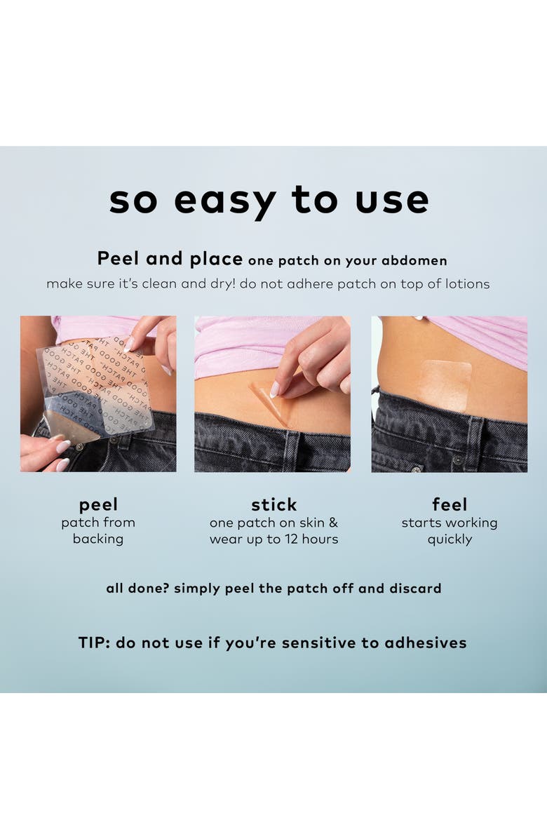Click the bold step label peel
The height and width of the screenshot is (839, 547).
pyautogui.click(x=98, y=505)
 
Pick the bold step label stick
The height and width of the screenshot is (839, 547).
pyautogui.click(x=273, y=505)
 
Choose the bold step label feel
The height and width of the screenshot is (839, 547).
pyautogui.click(x=450, y=505)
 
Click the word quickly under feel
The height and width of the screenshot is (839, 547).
pyautogui.click(x=450, y=539)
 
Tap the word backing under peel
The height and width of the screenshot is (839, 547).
pyautogui.click(x=98, y=539)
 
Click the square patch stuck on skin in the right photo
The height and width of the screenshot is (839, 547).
pyautogui.click(x=445, y=386)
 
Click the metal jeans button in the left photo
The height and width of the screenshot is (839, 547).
pyautogui.click(x=79, y=446)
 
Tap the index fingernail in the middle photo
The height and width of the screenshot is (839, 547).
pyautogui.click(x=275, y=389)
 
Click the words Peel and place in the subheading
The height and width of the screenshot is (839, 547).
pyautogui.click(x=170, y=259)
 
